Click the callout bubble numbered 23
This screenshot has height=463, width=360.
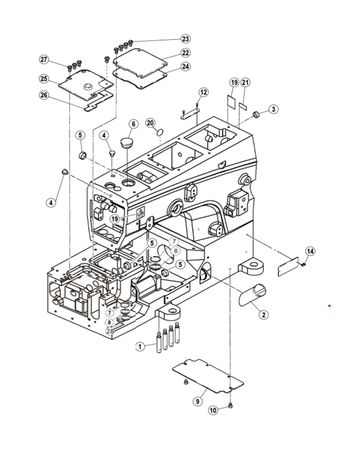pyautogui.click(x=185, y=39)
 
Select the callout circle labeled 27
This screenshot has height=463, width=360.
pyautogui.click(x=44, y=60)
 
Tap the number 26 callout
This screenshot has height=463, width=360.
pyautogui.click(x=44, y=95)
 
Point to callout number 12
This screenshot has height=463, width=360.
pyautogui.click(x=204, y=92)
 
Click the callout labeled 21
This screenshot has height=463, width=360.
pyautogui.click(x=245, y=82)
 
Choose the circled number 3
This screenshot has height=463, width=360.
pyautogui.click(x=273, y=109)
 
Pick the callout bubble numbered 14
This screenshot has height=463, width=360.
pyautogui.click(x=310, y=251)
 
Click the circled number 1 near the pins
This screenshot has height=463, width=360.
pyautogui.click(x=140, y=346)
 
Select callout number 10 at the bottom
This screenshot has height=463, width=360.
pyautogui.click(x=213, y=410)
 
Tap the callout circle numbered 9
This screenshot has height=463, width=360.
pyautogui.click(x=197, y=401)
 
